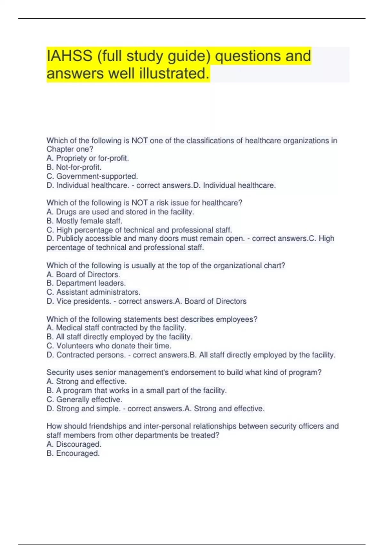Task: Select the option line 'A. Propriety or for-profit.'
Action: (88, 158)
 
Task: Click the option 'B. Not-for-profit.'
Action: (74, 167)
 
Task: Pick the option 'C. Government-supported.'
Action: (92, 176)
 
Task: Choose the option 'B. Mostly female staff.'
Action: (84, 221)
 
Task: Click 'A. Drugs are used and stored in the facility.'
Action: (120, 212)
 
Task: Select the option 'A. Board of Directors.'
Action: (84, 274)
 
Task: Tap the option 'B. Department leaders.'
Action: (86, 283)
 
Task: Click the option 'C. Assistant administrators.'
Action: (93, 292)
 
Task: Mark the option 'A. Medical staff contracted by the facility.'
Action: (116, 328)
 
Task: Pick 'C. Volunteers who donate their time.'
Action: (109, 346)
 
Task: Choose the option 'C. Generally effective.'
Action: (84, 399)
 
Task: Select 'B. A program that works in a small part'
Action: (136, 390)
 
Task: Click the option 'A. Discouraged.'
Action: (74, 444)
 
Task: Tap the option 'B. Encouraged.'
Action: (73, 453)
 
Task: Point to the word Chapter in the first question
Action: (60, 149)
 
